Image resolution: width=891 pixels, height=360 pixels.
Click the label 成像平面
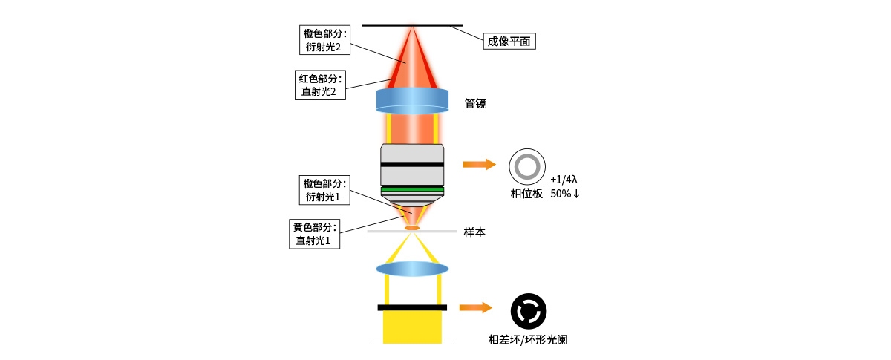(509, 41)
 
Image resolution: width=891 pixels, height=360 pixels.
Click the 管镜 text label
(475, 104)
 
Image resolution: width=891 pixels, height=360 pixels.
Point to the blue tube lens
(412, 100)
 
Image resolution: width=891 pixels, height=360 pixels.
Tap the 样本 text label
(474, 232)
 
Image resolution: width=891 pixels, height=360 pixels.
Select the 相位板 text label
(526, 194)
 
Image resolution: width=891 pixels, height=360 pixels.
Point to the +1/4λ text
(564, 180)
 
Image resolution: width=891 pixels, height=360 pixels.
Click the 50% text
(561, 194)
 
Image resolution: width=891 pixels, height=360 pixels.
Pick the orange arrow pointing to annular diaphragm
(476, 307)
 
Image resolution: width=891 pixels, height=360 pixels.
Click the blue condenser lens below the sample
(412, 268)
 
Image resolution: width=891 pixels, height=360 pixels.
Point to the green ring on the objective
(412, 190)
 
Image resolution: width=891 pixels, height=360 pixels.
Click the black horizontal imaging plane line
(412, 26)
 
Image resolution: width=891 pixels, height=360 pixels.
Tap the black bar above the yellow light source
(412, 307)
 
